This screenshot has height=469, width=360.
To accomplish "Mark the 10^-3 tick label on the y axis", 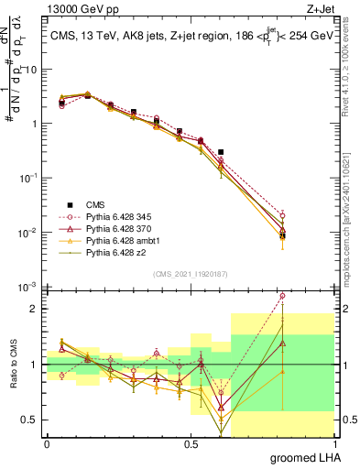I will pos(28,288).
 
